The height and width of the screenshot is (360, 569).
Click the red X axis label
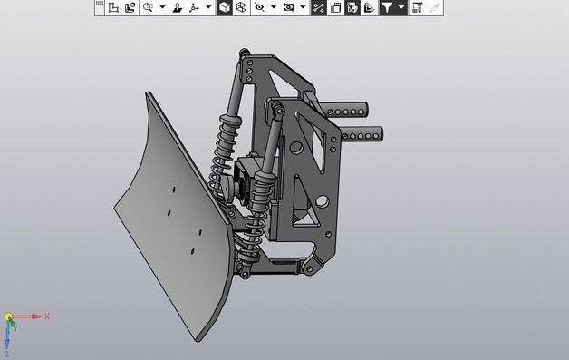46,316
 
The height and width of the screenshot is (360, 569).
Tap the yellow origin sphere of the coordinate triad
8,317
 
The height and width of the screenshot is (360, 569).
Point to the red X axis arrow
29,317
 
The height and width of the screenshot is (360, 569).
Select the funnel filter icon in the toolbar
387,7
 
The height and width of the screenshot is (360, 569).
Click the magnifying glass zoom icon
148,7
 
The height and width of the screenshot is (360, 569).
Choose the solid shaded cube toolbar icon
224,7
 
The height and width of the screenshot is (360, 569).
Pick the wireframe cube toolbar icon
242,7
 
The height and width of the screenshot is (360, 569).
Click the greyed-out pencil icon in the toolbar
435,7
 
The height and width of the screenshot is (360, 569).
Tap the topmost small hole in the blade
173,190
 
